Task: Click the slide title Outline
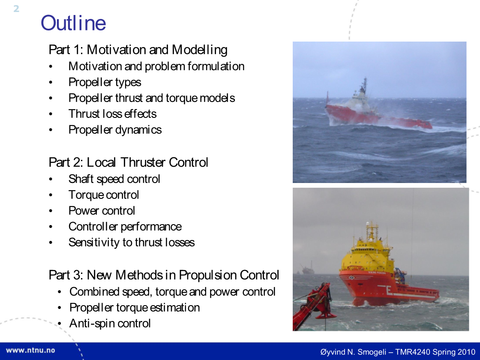pos(73,23)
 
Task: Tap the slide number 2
pos(16,9)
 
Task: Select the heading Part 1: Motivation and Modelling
pos(138,50)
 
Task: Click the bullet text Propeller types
pos(105,82)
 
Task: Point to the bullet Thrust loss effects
pos(112,114)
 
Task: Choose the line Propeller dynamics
pos(115,130)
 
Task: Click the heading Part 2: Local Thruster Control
pos(129,162)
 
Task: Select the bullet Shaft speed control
pos(114,179)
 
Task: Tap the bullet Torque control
pos(104,195)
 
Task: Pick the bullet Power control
pos(102,210)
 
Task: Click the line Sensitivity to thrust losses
pos(132,243)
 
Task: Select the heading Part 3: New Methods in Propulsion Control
pos(164,275)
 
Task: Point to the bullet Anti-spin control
pos(110,324)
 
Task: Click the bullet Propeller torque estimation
pos(135,308)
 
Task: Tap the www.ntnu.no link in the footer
pos(30,351)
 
